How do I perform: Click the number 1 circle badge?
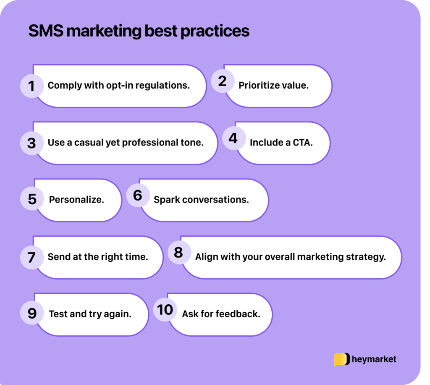pyautogui.click(x=31, y=86)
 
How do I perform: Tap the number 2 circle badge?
pyautogui.click(x=222, y=81)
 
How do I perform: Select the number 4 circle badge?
pyautogui.click(x=233, y=138)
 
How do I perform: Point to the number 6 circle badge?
pyautogui.click(x=138, y=195)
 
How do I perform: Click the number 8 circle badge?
pyautogui.click(x=178, y=253)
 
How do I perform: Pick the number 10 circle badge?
pyautogui.click(x=165, y=310)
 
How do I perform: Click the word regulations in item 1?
pyautogui.click(x=165, y=86)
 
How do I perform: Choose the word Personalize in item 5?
pyautogui.click(x=76, y=200)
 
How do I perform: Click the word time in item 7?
pyautogui.click(x=138, y=257)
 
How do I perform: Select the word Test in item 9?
pyautogui.click(x=58, y=314)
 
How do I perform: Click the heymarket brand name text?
pyautogui.click(x=374, y=359)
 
